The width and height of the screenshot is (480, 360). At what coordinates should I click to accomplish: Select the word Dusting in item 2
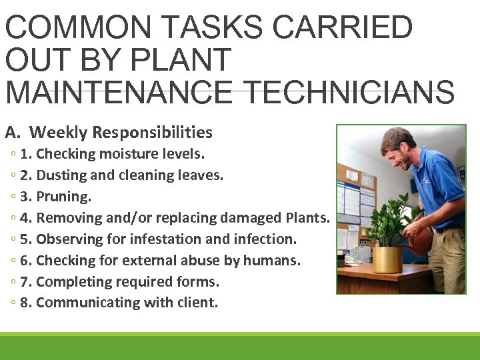click(x=61, y=175)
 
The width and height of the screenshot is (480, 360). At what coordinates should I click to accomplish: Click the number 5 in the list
click(x=25, y=239)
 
